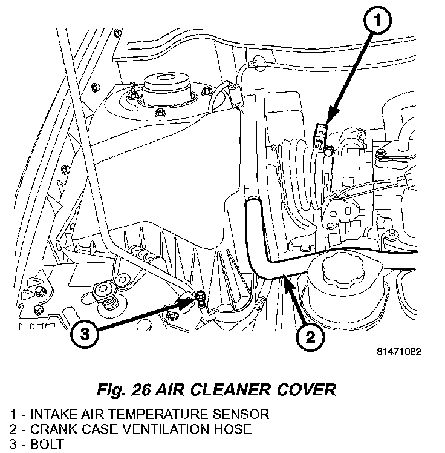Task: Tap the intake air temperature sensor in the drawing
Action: (322, 134)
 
